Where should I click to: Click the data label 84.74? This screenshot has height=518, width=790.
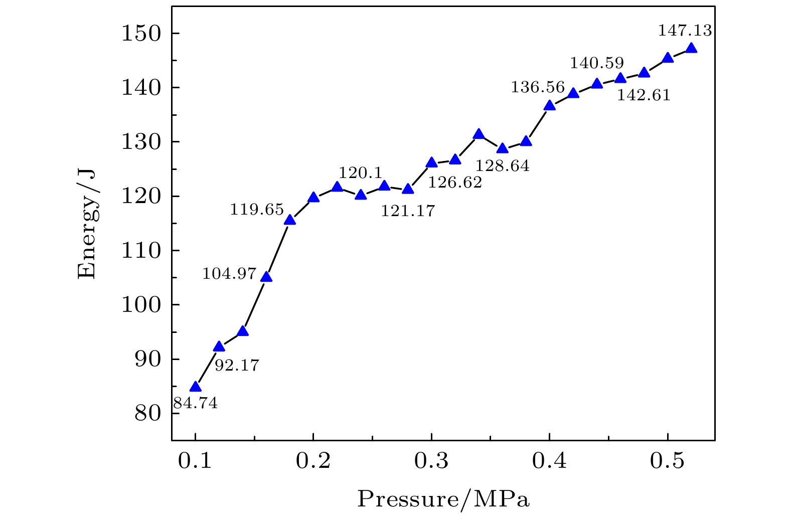coord(195,403)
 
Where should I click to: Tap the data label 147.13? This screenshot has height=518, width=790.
coord(685,31)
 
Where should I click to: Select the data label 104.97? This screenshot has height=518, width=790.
coord(229,274)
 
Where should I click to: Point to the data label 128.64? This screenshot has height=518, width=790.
coord(502,165)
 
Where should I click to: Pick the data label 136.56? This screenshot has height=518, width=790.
coord(538,87)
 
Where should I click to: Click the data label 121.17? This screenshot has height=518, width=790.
coord(408,211)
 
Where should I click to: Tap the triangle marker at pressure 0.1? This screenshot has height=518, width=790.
coord(195,387)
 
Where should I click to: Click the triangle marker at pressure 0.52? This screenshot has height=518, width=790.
coord(691,48)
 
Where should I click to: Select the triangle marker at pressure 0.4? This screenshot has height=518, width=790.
coord(550,105)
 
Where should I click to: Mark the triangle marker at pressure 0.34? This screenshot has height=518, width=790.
coord(479,134)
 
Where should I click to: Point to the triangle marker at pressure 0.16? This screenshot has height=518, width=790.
coord(266,277)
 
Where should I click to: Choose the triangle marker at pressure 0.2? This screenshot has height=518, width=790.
coord(313,197)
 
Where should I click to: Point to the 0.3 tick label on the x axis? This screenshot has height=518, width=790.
coord(431,461)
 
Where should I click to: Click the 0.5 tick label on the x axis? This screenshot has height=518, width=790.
coord(668,461)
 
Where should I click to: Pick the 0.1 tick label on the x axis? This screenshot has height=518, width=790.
coord(195,461)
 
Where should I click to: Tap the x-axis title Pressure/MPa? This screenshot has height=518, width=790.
coord(443,499)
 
